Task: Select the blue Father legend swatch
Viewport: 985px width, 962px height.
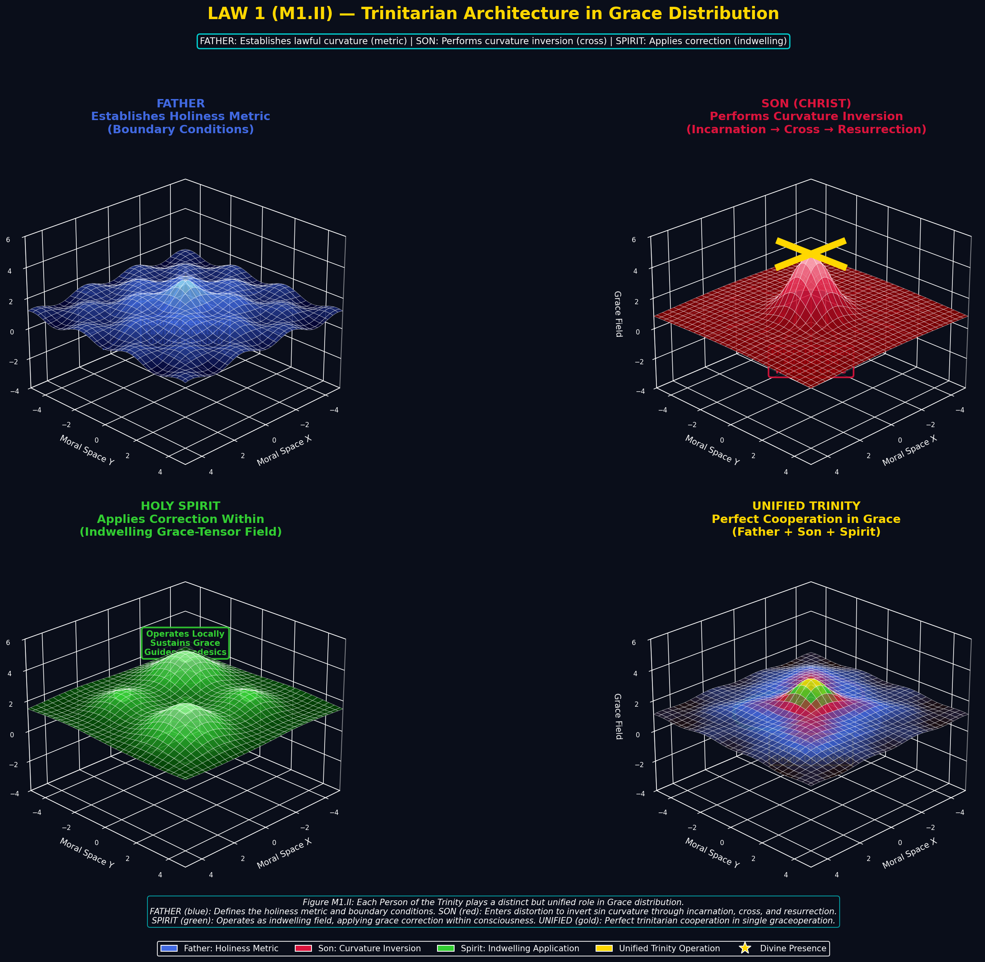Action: (x=169, y=948)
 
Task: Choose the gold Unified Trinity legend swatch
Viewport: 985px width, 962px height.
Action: (x=604, y=948)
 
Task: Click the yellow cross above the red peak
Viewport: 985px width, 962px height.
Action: (x=810, y=254)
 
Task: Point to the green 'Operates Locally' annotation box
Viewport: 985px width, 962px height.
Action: (x=185, y=642)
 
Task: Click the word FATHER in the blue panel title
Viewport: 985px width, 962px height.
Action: (x=181, y=103)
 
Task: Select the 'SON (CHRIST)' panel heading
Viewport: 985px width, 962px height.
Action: (x=806, y=103)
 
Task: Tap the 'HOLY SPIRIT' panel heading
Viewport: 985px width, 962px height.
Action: (x=181, y=506)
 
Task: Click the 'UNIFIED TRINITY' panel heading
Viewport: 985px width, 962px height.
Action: (x=806, y=506)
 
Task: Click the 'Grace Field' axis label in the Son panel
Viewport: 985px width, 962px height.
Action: (x=618, y=314)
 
